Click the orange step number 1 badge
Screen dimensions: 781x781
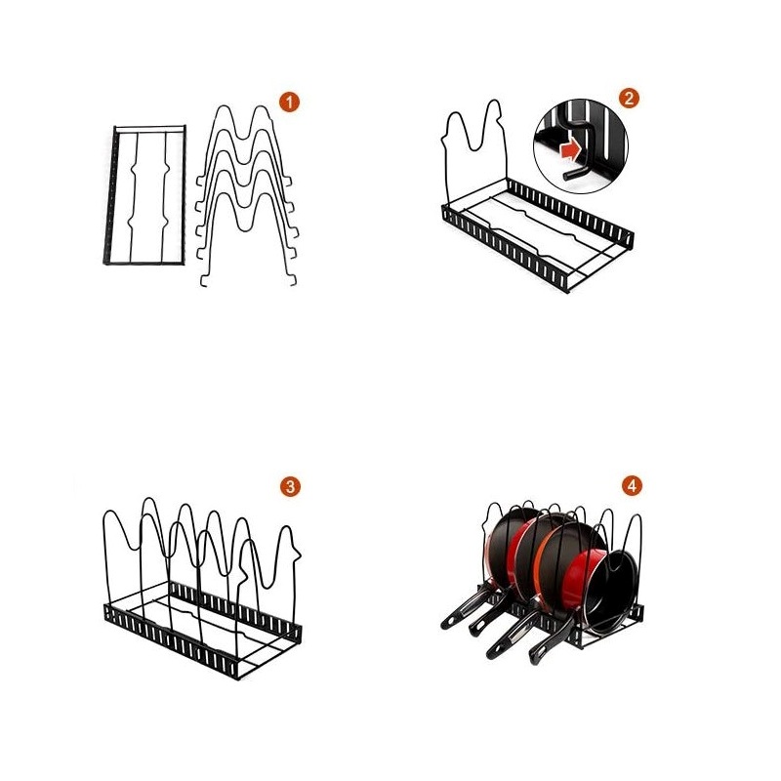coord(288,102)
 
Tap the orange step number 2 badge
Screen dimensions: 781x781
coord(629,98)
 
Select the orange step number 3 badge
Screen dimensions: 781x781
coord(289,486)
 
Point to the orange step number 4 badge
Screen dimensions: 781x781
coord(632,485)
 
